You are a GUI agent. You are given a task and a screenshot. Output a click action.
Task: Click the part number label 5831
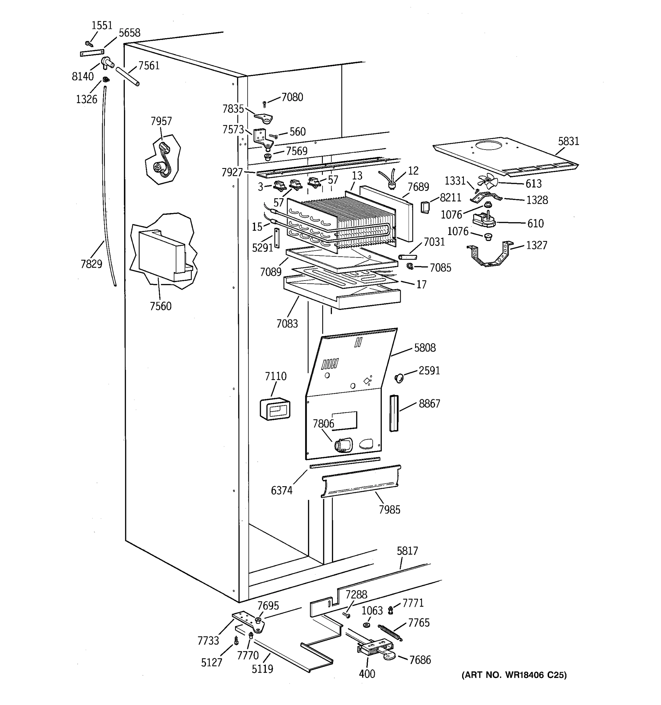click(568, 141)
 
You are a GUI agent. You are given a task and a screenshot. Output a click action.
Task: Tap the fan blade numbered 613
click(488, 182)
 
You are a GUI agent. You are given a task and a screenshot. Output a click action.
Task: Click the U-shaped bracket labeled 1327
click(490, 255)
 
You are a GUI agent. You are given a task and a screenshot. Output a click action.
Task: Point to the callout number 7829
click(91, 264)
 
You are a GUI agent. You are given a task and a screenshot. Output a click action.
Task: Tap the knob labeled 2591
click(399, 378)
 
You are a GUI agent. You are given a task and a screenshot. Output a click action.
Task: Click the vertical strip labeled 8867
click(394, 413)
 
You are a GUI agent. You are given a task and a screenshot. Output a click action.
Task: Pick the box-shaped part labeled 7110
click(275, 409)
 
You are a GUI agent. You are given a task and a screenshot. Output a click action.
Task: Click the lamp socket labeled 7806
click(343, 445)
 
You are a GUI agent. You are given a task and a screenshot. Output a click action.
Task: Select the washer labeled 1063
click(367, 625)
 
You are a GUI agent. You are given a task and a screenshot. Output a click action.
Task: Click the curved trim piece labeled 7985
click(361, 481)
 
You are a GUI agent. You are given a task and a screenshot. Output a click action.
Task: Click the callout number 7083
click(287, 323)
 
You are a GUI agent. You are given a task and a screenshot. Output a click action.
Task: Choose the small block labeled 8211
click(425, 207)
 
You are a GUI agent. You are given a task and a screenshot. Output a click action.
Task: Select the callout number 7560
click(160, 306)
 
